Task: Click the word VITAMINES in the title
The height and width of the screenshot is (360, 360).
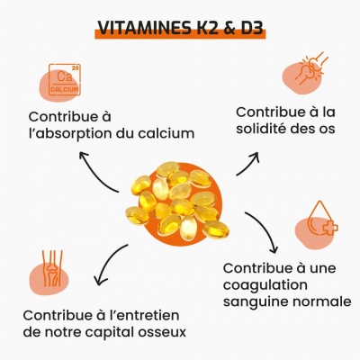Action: [143, 28]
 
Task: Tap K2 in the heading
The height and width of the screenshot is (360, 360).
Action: [202, 28]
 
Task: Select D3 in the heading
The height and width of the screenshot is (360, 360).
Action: [252, 28]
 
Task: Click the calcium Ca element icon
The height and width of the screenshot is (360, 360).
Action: [65, 79]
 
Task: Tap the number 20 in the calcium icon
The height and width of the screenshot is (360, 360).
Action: [76, 68]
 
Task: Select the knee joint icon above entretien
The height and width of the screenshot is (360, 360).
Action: [52, 268]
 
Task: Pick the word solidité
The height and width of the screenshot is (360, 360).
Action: [259, 129]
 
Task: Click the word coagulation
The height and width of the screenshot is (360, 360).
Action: [265, 285]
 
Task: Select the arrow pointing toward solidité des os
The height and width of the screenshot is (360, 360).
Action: [248, 163]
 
